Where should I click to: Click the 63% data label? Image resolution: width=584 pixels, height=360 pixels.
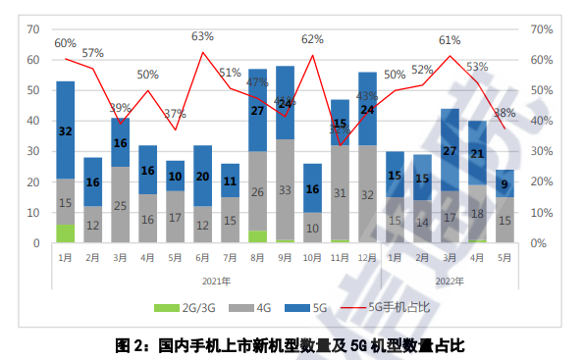(203, 37)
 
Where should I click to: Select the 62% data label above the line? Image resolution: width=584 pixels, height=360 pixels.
(312, 39)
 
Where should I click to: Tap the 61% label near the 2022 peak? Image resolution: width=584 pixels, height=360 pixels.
(450, 40)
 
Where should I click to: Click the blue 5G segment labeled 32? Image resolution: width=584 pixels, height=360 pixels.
(66, 130)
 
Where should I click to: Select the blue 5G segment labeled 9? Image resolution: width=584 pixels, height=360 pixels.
(504, 183)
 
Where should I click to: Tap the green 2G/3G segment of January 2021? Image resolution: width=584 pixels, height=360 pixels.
(66, 233)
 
